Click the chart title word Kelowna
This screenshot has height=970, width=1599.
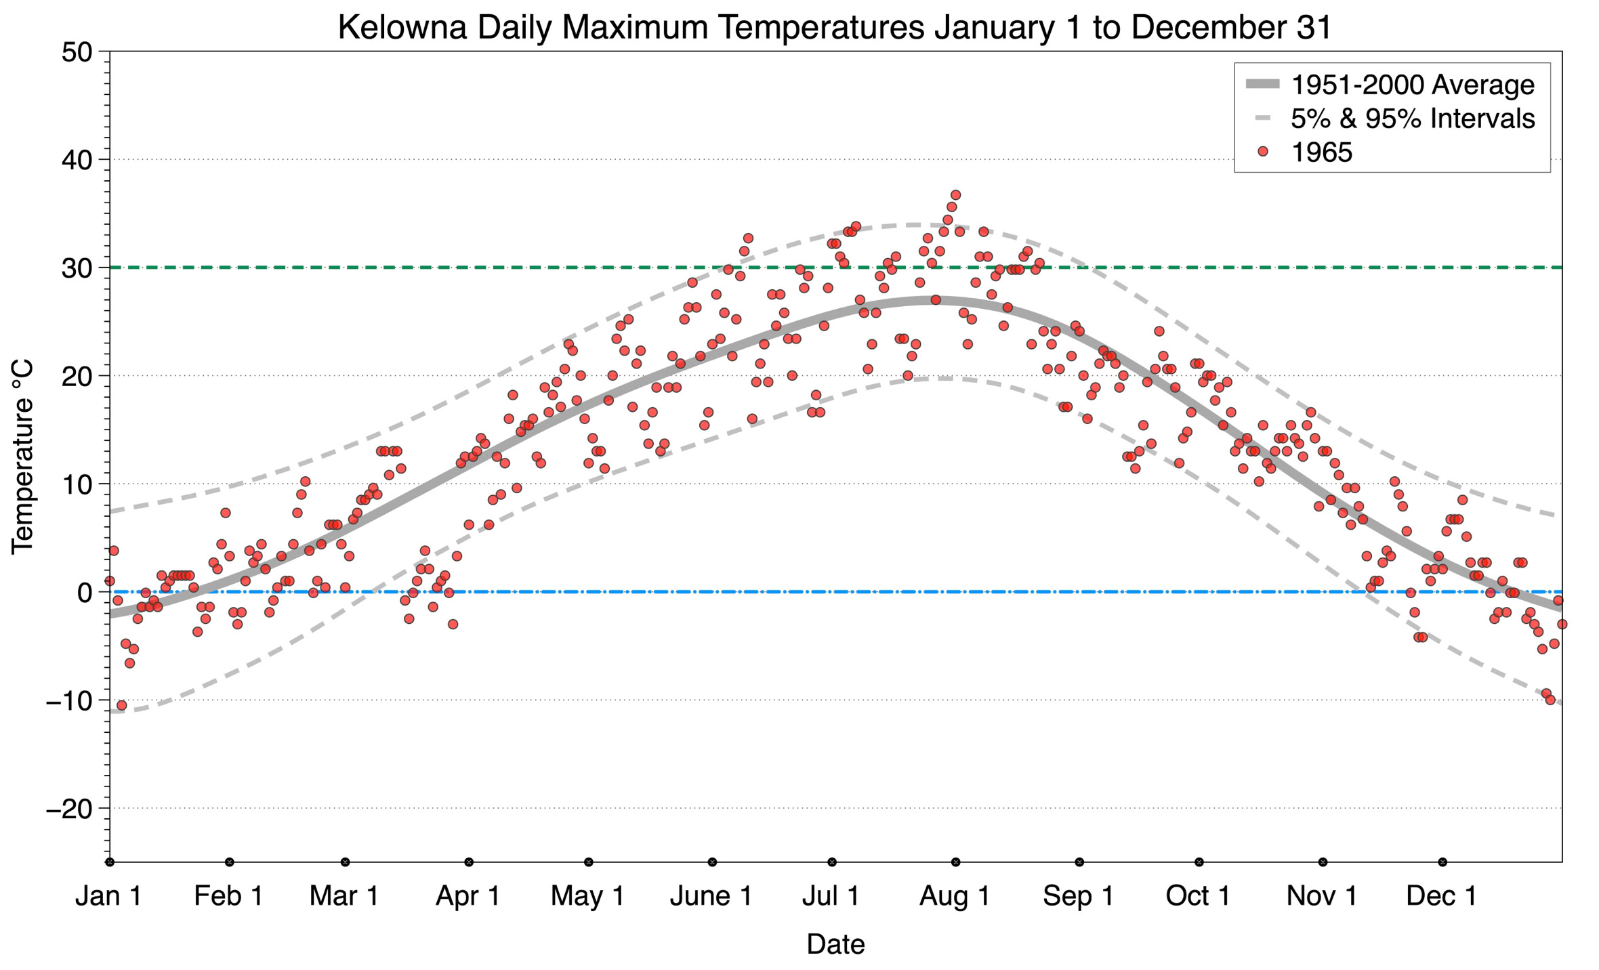(x=402, y=28)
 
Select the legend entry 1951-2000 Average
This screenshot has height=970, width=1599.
(x=1412, y=85)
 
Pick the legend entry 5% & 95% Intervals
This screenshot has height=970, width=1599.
(x=1412, y=119)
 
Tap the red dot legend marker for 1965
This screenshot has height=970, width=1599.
(x=1262, y=152)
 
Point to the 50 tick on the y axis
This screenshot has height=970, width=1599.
(x=76, y=52)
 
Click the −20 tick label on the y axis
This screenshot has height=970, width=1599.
(x=68, y=808)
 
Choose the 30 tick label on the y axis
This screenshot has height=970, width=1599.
(x=76, y=268)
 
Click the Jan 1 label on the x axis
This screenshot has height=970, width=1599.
(x=108, y=895)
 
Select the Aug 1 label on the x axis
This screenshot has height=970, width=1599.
(x=955, y=895)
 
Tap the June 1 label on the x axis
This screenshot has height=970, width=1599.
(x=711, y=895)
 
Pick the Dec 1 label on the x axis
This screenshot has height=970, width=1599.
(x=1441, y=895)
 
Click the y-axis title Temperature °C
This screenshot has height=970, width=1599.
(x=22, y=457)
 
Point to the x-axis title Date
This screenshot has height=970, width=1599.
(x=835, y=944)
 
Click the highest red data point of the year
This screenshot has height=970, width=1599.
(x=955, y=195)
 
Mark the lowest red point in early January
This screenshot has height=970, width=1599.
(x=121, y=705)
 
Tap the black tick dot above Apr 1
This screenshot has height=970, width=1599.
(x=469, y=862)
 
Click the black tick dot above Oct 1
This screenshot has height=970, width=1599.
(x=1199, y=862)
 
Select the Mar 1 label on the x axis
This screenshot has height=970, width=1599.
(x=344, y=895)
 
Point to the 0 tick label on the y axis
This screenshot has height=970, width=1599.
(x=84, y=593)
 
